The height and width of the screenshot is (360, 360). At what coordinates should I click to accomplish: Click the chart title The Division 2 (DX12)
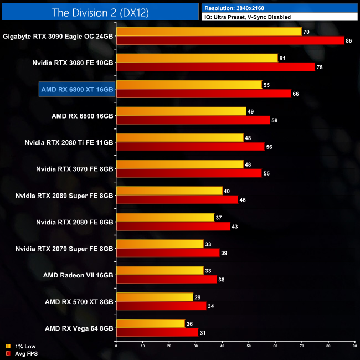(x=100, y=12)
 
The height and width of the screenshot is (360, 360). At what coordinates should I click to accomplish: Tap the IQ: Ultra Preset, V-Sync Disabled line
(x=247, y=17)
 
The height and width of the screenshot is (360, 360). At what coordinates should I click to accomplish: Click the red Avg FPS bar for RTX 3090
(x=230, y=40)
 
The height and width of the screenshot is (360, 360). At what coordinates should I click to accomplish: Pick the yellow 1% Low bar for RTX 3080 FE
(x=197, y=58)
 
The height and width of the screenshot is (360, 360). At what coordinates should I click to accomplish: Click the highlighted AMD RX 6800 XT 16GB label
(x=76, y=89)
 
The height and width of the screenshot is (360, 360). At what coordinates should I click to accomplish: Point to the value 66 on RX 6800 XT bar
(x=295, y=94)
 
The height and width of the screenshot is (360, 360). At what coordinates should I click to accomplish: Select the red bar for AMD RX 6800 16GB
(x=193, y=120)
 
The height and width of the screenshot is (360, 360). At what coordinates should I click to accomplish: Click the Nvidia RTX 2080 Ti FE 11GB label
(x=69, y=142)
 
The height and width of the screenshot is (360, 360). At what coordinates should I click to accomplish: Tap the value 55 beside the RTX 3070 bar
(x=266, y=173)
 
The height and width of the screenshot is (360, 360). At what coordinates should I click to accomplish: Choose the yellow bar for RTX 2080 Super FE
(x=169, y=191)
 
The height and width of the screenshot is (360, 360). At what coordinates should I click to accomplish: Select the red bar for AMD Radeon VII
(x=166, y=280)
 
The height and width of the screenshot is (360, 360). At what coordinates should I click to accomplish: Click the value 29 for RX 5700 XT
(x=197, y=297)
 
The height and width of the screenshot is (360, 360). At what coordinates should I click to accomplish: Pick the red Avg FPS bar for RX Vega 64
(x=157, y=333)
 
